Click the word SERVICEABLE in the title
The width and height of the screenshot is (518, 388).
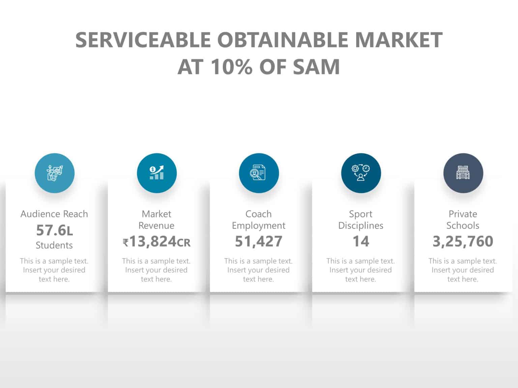coord(143,40)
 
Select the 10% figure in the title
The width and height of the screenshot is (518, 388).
coord(231,67)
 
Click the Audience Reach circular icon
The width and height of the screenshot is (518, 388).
coord(55,173)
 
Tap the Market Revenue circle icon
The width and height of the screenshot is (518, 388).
coord(157,173)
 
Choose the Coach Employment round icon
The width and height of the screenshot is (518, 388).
coord(259,173)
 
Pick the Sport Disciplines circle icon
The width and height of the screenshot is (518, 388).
coord(361,173)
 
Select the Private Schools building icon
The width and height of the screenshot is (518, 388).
coord(463,173)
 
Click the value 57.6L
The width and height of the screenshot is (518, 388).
coord(54,230)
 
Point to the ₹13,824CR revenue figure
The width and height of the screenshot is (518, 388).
coord(156,241)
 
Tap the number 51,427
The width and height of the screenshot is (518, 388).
coord(259,241)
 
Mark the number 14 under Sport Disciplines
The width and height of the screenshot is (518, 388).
coord(361,241)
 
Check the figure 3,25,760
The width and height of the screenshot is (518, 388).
coord(463,241)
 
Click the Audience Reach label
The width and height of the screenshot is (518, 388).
coord(54,214)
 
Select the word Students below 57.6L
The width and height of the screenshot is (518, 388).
coord(54,245)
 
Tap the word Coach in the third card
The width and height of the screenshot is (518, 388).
coord(259,214)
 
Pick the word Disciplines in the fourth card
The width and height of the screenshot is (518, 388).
coord(361,225)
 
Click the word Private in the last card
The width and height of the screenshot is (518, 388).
coord(463,214)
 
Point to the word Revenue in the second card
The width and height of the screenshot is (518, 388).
coord(156,225)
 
